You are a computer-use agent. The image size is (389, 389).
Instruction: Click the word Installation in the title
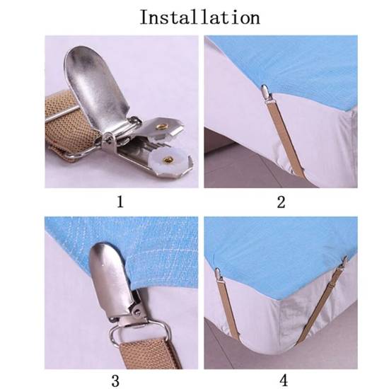[200, 18]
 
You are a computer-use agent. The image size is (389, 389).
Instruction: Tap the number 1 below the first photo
[120, 202]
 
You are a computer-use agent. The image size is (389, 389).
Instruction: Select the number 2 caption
[281, 202]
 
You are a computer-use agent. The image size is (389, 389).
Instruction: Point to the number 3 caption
[115, 381]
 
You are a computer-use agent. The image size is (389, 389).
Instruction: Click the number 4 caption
[284, 380]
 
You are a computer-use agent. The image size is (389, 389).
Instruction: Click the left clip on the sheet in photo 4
[219, 274]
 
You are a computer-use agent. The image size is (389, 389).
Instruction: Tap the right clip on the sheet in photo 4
[344, 264]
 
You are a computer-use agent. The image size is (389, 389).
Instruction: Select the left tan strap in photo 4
[229, 310]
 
